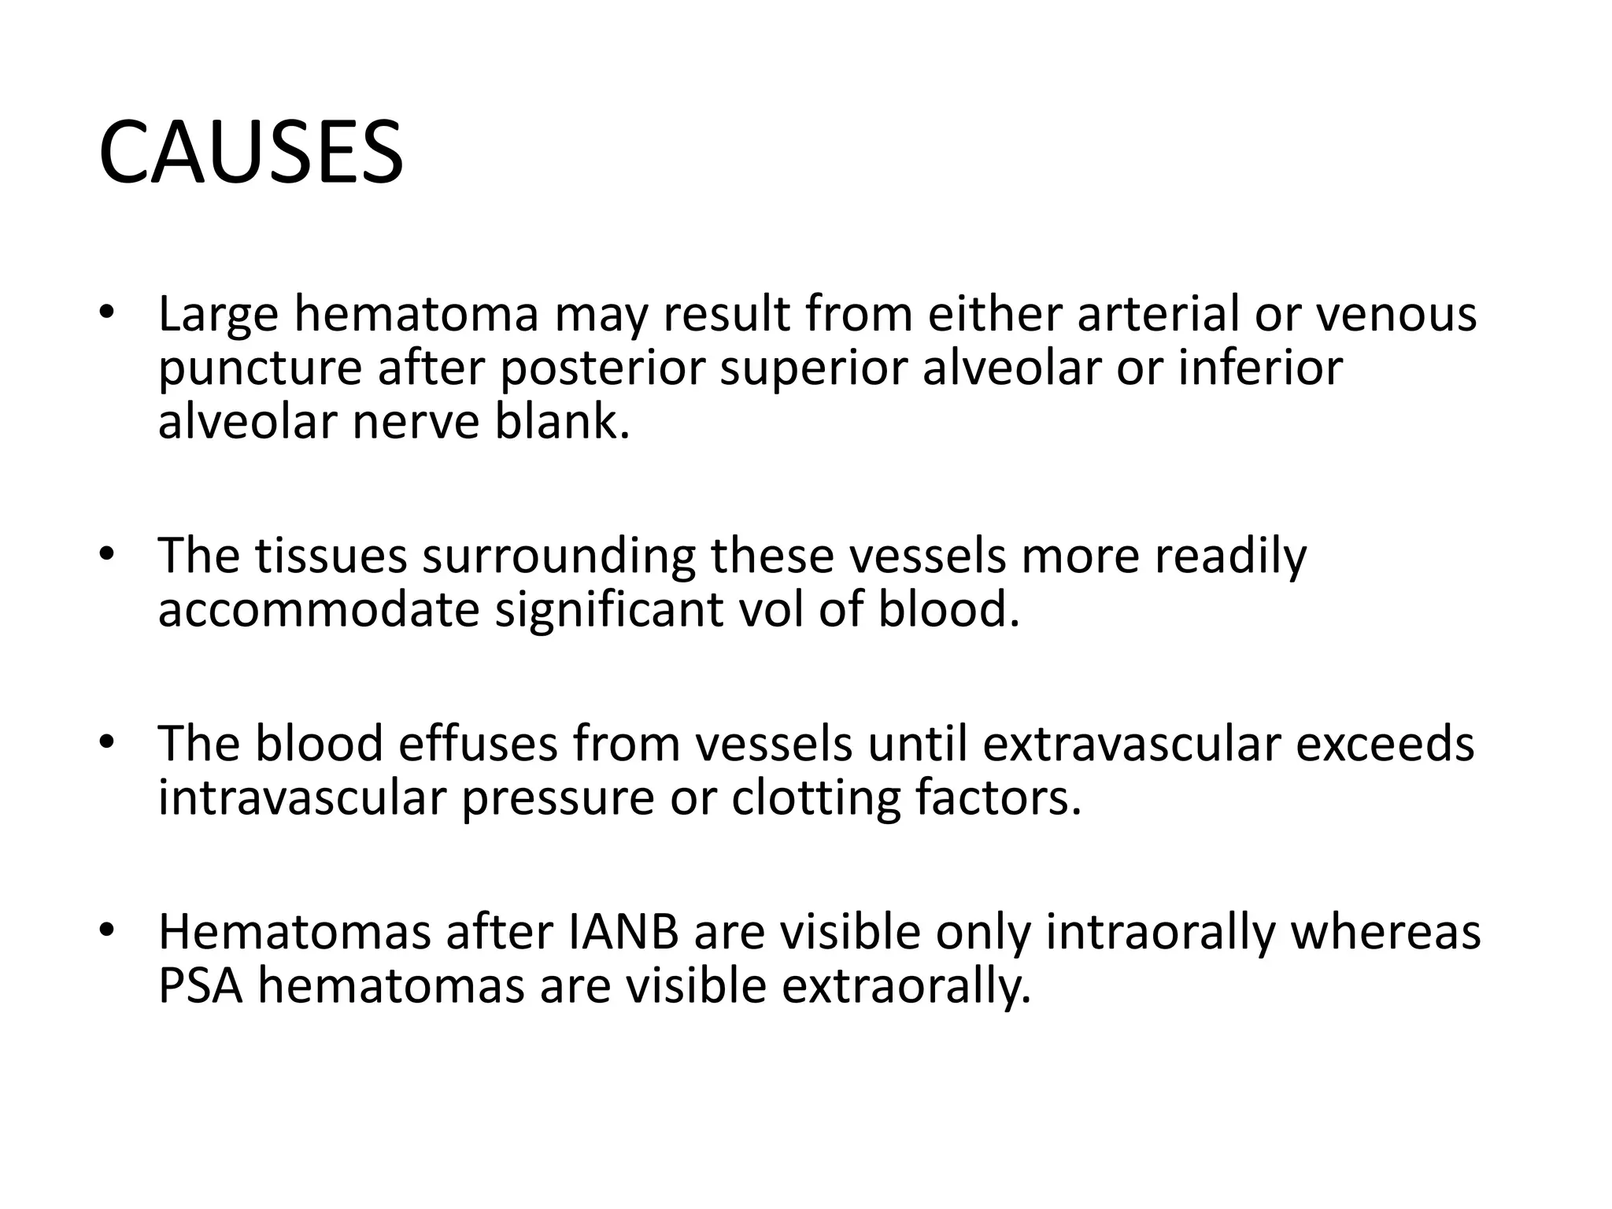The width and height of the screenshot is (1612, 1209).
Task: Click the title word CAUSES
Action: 250,153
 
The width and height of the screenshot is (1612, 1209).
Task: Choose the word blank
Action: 562,422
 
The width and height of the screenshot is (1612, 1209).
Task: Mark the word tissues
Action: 331,555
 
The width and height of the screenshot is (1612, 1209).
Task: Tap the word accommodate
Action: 318,610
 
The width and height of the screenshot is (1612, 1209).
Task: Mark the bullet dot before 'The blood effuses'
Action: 107,741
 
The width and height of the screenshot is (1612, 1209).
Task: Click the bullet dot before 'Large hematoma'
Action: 107,312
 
